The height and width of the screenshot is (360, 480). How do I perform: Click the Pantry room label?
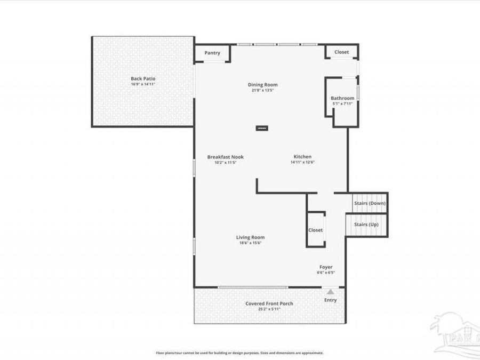tap(212, 53)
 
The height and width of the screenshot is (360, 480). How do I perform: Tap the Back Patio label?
tap(143, 79)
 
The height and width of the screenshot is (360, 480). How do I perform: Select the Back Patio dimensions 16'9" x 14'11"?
tap(143, 84)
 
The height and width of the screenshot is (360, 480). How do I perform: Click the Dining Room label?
tap(262, 85)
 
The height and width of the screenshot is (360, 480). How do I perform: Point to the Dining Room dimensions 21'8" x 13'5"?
tap(262, 90)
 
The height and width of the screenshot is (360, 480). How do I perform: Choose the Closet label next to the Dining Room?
tap(341, 52)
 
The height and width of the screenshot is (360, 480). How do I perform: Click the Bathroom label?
tap(342, 98)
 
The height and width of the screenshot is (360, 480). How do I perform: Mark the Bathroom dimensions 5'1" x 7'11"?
tap(342, 103)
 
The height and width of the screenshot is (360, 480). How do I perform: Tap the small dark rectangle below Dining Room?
tap(262, 128)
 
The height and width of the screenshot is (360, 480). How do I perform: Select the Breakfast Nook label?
tap(225, 157)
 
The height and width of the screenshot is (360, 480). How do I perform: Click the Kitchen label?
tap(302, 157)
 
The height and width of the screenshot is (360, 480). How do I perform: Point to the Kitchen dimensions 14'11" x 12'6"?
tap(302, 162)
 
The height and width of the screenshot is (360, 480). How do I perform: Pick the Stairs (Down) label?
tap(370, 203)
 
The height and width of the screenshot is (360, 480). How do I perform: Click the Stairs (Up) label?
tap(366, 225)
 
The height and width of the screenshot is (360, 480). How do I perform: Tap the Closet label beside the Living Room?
tap(315, 230)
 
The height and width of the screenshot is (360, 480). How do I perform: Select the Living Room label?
tap(250, 237)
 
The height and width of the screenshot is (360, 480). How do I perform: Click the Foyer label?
tap(326, 267)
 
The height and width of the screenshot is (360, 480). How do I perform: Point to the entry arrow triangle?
tap(331, 292)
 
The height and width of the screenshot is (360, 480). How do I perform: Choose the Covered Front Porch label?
tap(269, 303)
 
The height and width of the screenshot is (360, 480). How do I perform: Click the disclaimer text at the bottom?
tap(239, 353)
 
